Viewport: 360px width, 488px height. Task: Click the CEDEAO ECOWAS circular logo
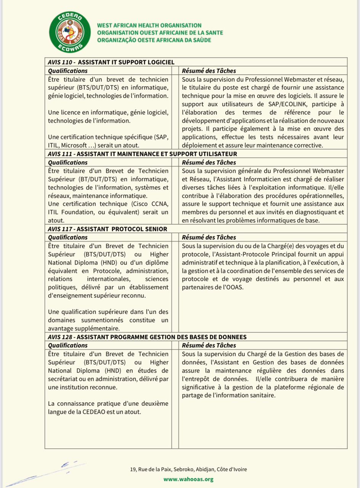tap(70, 32)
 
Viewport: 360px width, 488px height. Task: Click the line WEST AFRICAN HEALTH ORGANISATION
tap(149, 26)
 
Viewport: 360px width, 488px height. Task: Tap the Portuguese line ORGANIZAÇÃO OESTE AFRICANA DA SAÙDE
tap(154, 40)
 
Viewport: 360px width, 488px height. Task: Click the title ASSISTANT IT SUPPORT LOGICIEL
tap(126, 62)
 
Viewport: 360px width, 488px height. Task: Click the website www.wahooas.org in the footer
tap(188, 479)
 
